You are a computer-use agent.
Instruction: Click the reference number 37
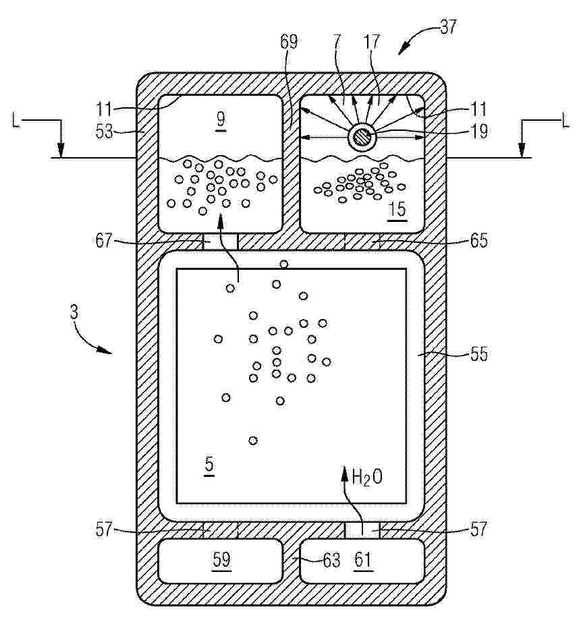(448, 26)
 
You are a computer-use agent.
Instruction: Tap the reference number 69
(289, 41)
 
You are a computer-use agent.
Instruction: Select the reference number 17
(371, 41)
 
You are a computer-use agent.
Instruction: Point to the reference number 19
(478, 131)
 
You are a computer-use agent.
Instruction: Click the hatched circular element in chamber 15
(362, 138)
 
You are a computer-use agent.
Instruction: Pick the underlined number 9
(220, 119)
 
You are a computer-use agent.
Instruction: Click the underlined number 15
(397, 209)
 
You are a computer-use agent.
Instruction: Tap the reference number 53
(104, 131)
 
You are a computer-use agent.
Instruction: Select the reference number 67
(104, 241)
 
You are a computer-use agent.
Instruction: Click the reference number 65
(479, 240)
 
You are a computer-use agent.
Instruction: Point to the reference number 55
(479, 354)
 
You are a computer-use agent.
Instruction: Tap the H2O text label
(366, 477)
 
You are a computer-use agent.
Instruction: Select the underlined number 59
(221, 559)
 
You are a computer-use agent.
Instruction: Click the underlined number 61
(363, 559)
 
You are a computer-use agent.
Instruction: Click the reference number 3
(74, 312)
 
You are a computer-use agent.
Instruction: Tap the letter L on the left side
(16, 121)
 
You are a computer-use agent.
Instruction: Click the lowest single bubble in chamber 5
(253, 440)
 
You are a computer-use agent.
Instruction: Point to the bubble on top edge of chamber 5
(283, 264)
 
